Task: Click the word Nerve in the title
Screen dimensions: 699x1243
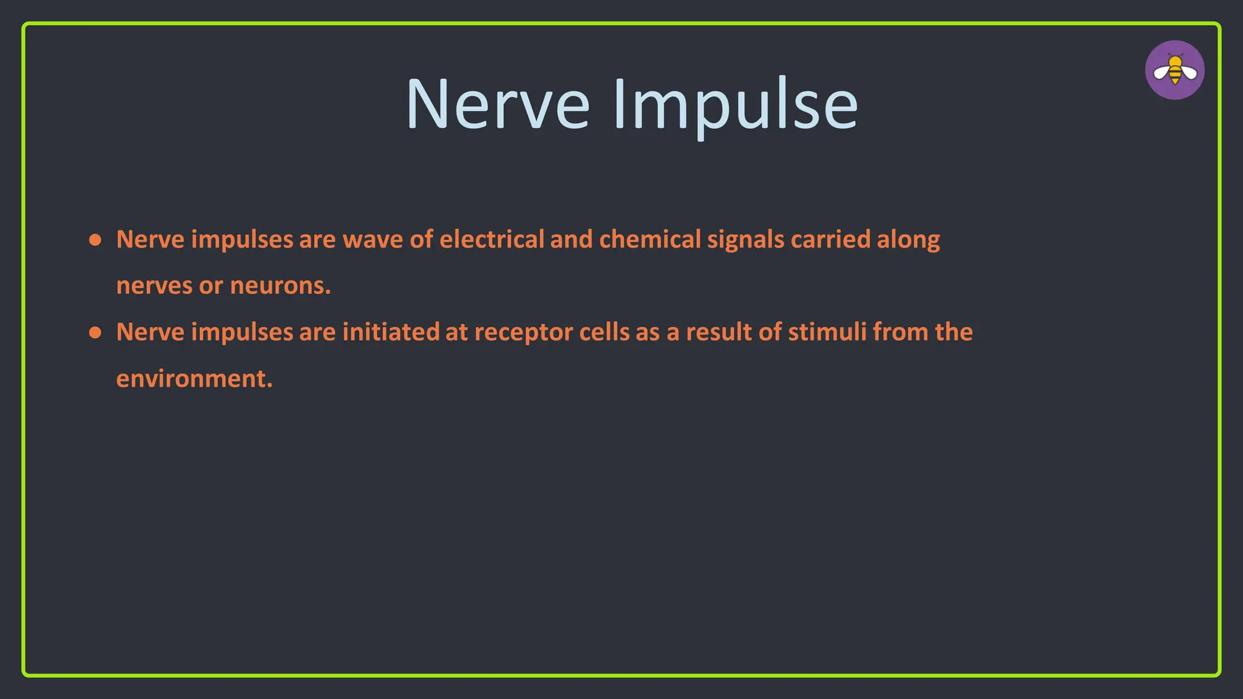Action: (x=498, y=104)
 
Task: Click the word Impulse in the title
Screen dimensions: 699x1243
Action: (x=736, y=104)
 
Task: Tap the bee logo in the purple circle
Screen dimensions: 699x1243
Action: (x=1175, y=70)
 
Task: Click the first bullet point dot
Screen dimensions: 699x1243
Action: (x=95, y=240)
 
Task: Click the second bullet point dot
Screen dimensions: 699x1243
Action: (x=95, y=333)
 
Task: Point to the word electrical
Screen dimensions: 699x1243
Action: (x=492, y=240)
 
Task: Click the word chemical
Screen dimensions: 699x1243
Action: (x=650, y=240)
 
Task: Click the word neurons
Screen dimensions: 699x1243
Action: (x=280, y=286)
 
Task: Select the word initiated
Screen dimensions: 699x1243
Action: (x=391, y=333)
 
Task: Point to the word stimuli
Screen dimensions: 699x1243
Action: (x=827, y=333)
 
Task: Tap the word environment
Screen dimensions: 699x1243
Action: (x=194, y=379)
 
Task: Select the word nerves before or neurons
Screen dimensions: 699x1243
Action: (x=154, y=286)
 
